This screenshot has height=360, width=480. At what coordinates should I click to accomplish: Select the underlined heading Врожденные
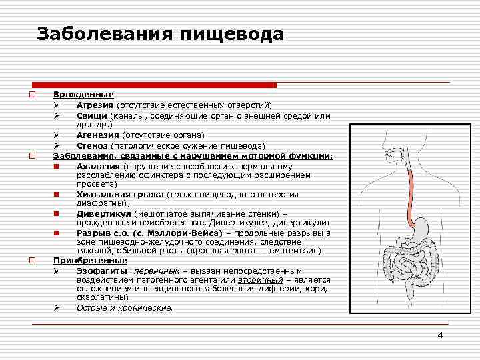coord(83,95)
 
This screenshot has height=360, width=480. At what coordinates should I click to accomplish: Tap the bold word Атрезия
coord(95,105)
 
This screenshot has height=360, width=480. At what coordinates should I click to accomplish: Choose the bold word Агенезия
coord(97,135)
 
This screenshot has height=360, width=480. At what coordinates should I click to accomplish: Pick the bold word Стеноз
coord(92,145)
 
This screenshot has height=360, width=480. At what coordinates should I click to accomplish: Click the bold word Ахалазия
coord(98,165)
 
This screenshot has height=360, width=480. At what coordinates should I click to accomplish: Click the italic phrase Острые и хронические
coord(124,308)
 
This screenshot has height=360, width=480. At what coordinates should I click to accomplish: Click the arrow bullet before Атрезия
coord(58,105)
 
